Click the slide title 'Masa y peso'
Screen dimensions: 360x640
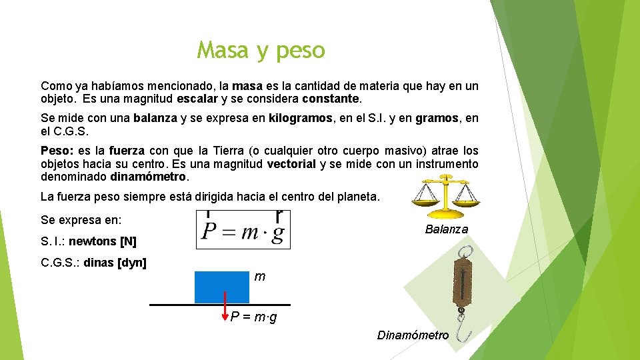(x=261, y=50)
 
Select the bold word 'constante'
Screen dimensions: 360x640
(x=331, y=99)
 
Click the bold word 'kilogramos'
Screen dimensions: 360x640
(x=300, y=119)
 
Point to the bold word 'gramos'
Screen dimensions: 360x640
(x=437, y=119)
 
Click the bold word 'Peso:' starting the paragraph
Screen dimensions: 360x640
(x=56, y=151)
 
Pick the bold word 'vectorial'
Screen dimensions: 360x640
(x=291, y=164)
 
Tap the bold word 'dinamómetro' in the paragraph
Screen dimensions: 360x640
(x=149, y=177)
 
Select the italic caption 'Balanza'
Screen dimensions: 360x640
(x=446, y=229)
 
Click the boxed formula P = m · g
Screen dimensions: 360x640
(x=243, y=230)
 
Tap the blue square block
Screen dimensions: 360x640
(x=221, y=287)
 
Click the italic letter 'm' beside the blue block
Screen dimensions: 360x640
(x=260, y=277)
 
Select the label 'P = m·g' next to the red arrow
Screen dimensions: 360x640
(x=253, y=317)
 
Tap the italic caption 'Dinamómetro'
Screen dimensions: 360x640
(x=413, y=335)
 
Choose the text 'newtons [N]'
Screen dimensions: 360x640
(x=102, y=241)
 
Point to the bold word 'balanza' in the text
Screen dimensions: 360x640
(x=155, y=119)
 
